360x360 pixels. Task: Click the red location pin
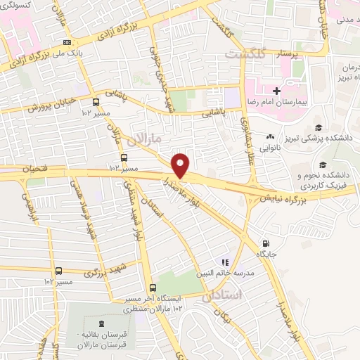point(181,165)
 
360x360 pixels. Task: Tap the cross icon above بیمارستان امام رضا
point(277,91)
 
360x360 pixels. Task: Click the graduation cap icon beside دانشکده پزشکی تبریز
point(319,127)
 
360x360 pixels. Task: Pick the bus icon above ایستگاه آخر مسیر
point(153,287)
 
